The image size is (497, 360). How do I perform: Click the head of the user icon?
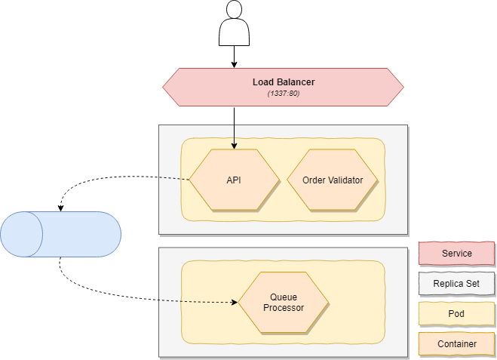point(234,12)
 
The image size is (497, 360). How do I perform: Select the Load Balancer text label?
point(284,82)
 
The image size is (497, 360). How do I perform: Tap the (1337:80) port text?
point(284,93)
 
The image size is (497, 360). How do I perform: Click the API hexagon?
point(234,180)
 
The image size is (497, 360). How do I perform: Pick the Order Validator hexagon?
point(333,180)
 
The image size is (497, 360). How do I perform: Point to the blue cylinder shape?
point(60,234)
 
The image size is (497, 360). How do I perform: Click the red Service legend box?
point(456,254)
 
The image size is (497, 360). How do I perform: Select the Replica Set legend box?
point(456,284)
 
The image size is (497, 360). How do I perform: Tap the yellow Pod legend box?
point(456,314)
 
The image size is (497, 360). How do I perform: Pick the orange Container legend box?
point(456,344)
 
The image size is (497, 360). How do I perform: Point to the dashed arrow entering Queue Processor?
point(196,302)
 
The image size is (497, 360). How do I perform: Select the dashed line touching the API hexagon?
point(174,179)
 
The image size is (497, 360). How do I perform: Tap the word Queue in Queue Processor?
point(284,297)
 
